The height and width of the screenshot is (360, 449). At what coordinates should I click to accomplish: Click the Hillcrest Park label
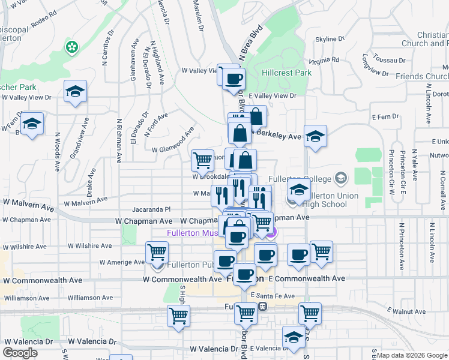pos(286,73)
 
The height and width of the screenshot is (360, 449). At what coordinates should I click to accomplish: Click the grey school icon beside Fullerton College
pos(342,178)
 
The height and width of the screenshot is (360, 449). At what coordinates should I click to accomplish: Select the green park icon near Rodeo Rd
pos(72,46)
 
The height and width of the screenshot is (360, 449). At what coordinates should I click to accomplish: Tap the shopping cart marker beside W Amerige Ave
pos(157,252)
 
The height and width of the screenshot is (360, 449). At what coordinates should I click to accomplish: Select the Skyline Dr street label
pos(330,39)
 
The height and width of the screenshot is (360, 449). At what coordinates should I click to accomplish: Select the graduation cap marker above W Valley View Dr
pos(75,91)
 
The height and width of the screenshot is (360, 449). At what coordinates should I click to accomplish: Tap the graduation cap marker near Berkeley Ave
pos(315,136)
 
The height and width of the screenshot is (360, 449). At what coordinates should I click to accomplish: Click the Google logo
pos(20,353)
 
